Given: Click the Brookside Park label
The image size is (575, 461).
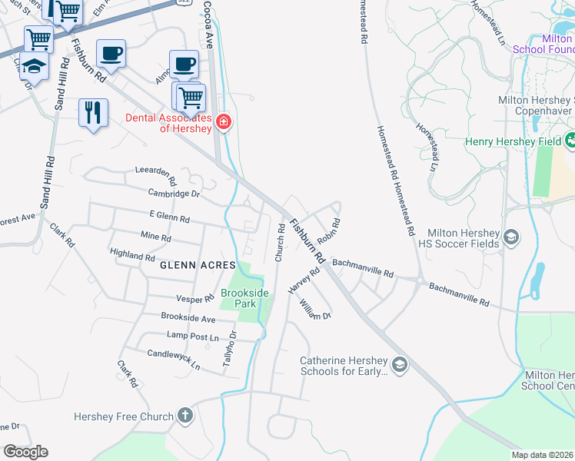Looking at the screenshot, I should (x=245, y=298).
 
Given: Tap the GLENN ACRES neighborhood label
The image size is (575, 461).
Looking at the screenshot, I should (x=198, y=265).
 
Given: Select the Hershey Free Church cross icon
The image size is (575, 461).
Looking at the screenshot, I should (x=184, y=416).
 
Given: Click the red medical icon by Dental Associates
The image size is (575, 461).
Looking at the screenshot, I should (x=224, y=121).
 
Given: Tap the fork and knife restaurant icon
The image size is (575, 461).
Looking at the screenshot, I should (x=93, y=112).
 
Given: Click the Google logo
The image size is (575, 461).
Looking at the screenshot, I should (x=25, y=452).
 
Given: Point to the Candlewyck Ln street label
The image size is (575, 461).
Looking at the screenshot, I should (x=173, y=359).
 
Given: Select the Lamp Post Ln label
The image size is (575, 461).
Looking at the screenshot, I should (x=193, y=336).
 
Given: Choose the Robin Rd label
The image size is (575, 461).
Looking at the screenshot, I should (x=329, y=230).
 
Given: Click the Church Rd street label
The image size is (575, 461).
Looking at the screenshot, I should (x=280, y=242).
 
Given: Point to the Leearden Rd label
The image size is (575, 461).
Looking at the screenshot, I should (x=156, y=172).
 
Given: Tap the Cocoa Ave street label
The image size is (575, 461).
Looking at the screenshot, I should (x=208, y=24).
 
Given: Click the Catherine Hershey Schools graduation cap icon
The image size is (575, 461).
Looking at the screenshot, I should (x=399, y=364).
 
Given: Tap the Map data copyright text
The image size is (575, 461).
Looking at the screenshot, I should (x=542, y=455).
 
